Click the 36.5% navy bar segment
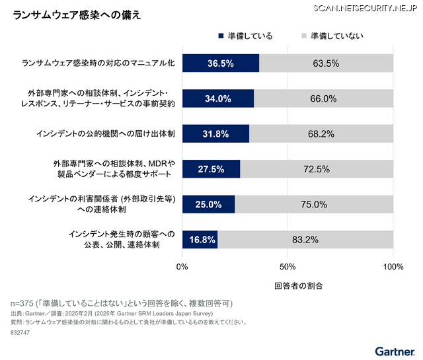tap(221, 63)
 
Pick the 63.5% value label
tap(326, 63)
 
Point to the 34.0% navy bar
tap(218, 98)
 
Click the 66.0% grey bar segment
tap(323, 98)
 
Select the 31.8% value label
tap(215, 134)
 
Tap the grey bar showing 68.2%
tap(321, 134)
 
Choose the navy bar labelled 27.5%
tap(211, 169)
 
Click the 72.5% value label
tap(317, 169)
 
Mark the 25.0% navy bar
tap(208, 205)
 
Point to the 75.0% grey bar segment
tap(314, 205)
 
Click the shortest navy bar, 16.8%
tap(200, 240)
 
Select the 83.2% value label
tap(305, 240)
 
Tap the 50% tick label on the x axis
tap(288, 267)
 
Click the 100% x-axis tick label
tap(393, 267)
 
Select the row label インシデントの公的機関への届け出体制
tap(106, 134)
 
